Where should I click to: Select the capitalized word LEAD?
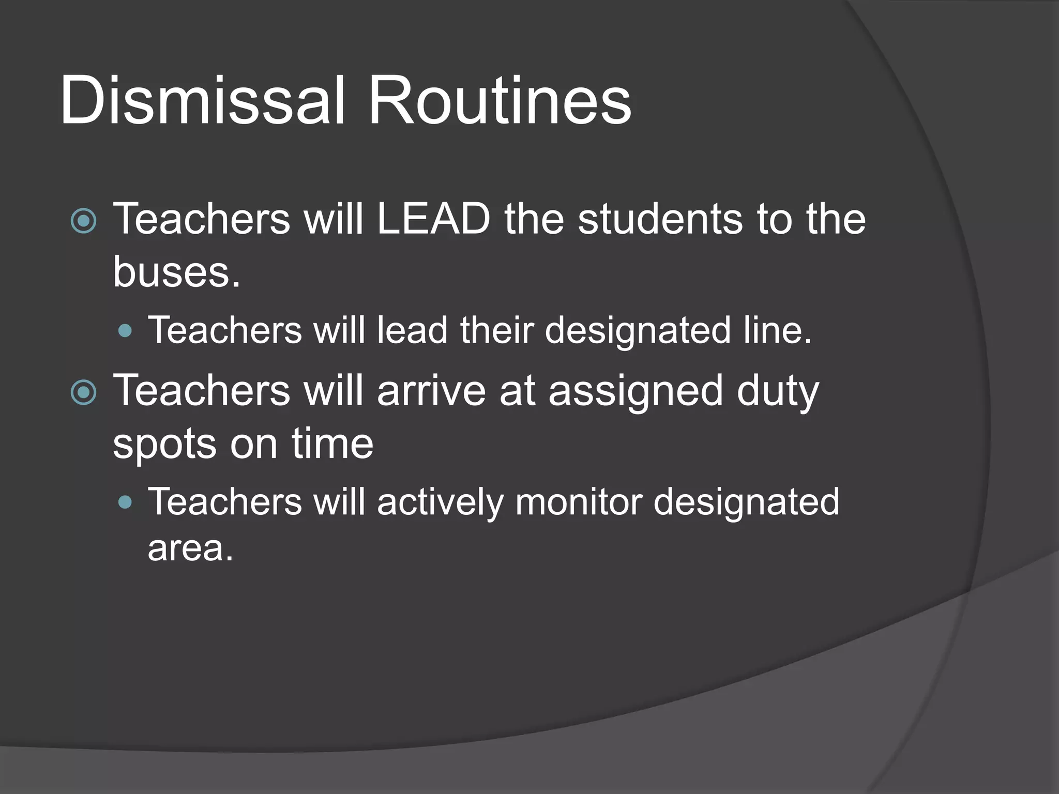(433, 219)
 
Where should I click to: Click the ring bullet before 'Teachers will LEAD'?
(83, 221)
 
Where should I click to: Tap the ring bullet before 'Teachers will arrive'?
(83, 392)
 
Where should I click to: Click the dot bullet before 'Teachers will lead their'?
(125, 331)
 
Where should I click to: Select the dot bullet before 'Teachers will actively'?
(125, 502)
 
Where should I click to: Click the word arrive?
(431, 390)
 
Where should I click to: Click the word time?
(332, 444)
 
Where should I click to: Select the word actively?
(440, 502)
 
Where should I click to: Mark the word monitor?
(579, 501)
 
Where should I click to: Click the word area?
(190, 548)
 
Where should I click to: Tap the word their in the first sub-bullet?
(496, 330)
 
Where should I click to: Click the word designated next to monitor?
(746, 502)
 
